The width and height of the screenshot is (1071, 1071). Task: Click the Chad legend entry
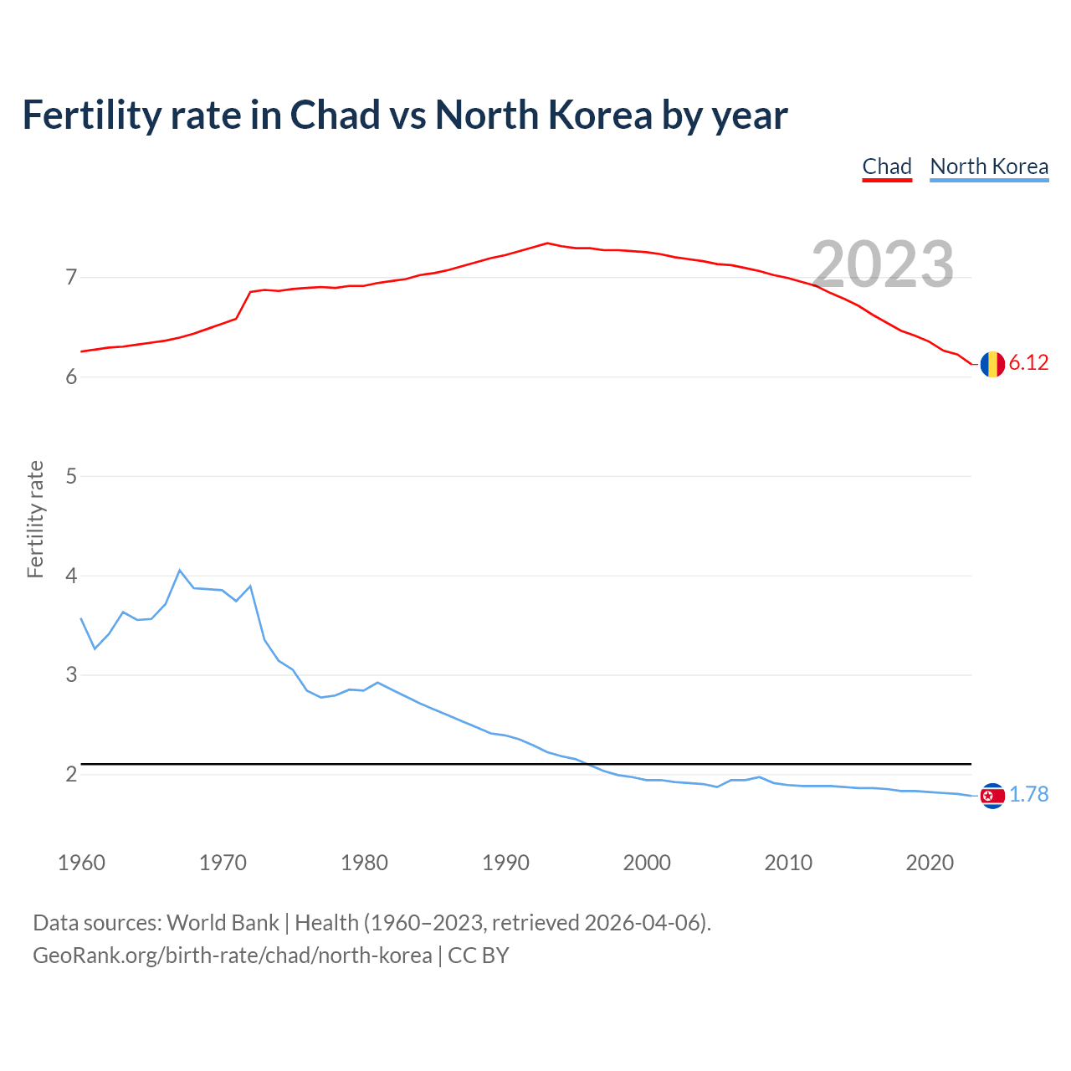pyautogui.click(x=887, y=167)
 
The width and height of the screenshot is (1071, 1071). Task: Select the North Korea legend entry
pyautogui.click(x=989, y=167)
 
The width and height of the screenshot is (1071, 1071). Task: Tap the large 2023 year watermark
pyautogui.click(x=883, y=264)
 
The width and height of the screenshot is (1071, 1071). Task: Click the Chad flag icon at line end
pyautogui.click(x=992, y=364)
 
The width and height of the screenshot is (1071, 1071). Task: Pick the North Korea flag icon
pyautogui.click(x=992, y=796)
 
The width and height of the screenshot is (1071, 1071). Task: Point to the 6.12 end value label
pyautogui.click(x=1028, y=363)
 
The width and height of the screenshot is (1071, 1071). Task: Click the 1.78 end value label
pyautogui.click(x=1028, y=795)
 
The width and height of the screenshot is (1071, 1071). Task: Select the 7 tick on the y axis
pyautogui.click(x=71, y=277)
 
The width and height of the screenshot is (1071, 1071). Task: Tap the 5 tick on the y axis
pyautogui.click(x=71, y=476)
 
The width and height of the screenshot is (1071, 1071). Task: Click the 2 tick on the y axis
pyautogui.click(x=71, y=775)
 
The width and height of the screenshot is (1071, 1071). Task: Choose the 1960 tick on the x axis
pyautogui.click(x=81, y=863)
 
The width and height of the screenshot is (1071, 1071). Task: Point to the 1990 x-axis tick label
pyautogui.click(x=505, y=863)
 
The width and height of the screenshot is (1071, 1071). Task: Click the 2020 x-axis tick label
pyautogui.click(x=930, y=863)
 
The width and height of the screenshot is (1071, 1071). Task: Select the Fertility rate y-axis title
pyautogui.click(x=35, y=519)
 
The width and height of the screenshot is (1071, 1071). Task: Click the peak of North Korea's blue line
pyautogui.click(x=180, y=571)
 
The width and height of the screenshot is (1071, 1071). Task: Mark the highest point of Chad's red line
pyautogui.click(x=547, y=243)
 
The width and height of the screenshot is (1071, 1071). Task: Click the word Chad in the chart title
pyautogui.click(x=335, y=115)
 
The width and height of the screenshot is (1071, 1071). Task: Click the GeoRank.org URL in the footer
pyautogui.click(x=233, y=956)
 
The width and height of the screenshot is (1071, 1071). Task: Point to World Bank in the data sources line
pyautogui.click(x=223, y=923)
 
